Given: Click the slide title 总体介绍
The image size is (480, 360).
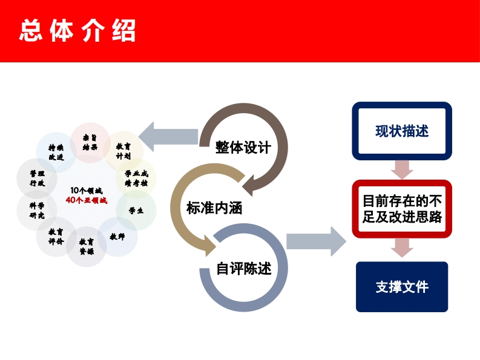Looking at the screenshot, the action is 77,31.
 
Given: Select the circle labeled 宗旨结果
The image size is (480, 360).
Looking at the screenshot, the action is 90,143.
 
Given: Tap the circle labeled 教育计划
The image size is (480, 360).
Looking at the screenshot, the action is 123,151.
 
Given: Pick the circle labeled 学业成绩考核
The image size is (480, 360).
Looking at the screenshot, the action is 136,178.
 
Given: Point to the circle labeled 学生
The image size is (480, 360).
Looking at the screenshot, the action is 136,211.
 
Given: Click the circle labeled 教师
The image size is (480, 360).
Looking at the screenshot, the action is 117,237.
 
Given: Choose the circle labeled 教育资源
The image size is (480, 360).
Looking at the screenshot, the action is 87,246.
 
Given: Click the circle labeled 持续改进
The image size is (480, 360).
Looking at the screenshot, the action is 56,152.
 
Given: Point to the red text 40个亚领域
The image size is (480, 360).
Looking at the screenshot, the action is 86,200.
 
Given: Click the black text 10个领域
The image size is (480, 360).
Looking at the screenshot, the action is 86,191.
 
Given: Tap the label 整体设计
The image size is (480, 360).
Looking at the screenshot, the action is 243,148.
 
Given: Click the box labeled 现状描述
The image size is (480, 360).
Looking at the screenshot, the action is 402,131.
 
